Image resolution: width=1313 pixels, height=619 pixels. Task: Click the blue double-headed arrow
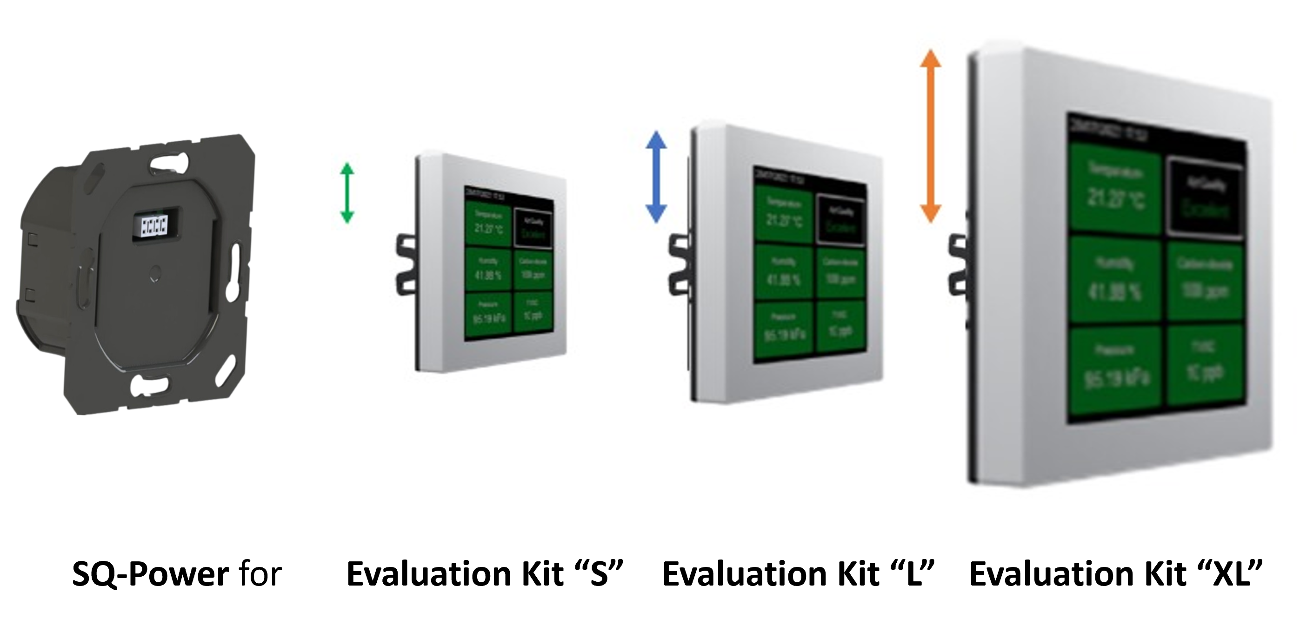coord(655,178)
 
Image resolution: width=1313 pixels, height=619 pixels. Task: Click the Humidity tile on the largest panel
coord(1115,280)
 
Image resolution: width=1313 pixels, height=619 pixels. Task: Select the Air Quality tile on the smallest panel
coord(532,228)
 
